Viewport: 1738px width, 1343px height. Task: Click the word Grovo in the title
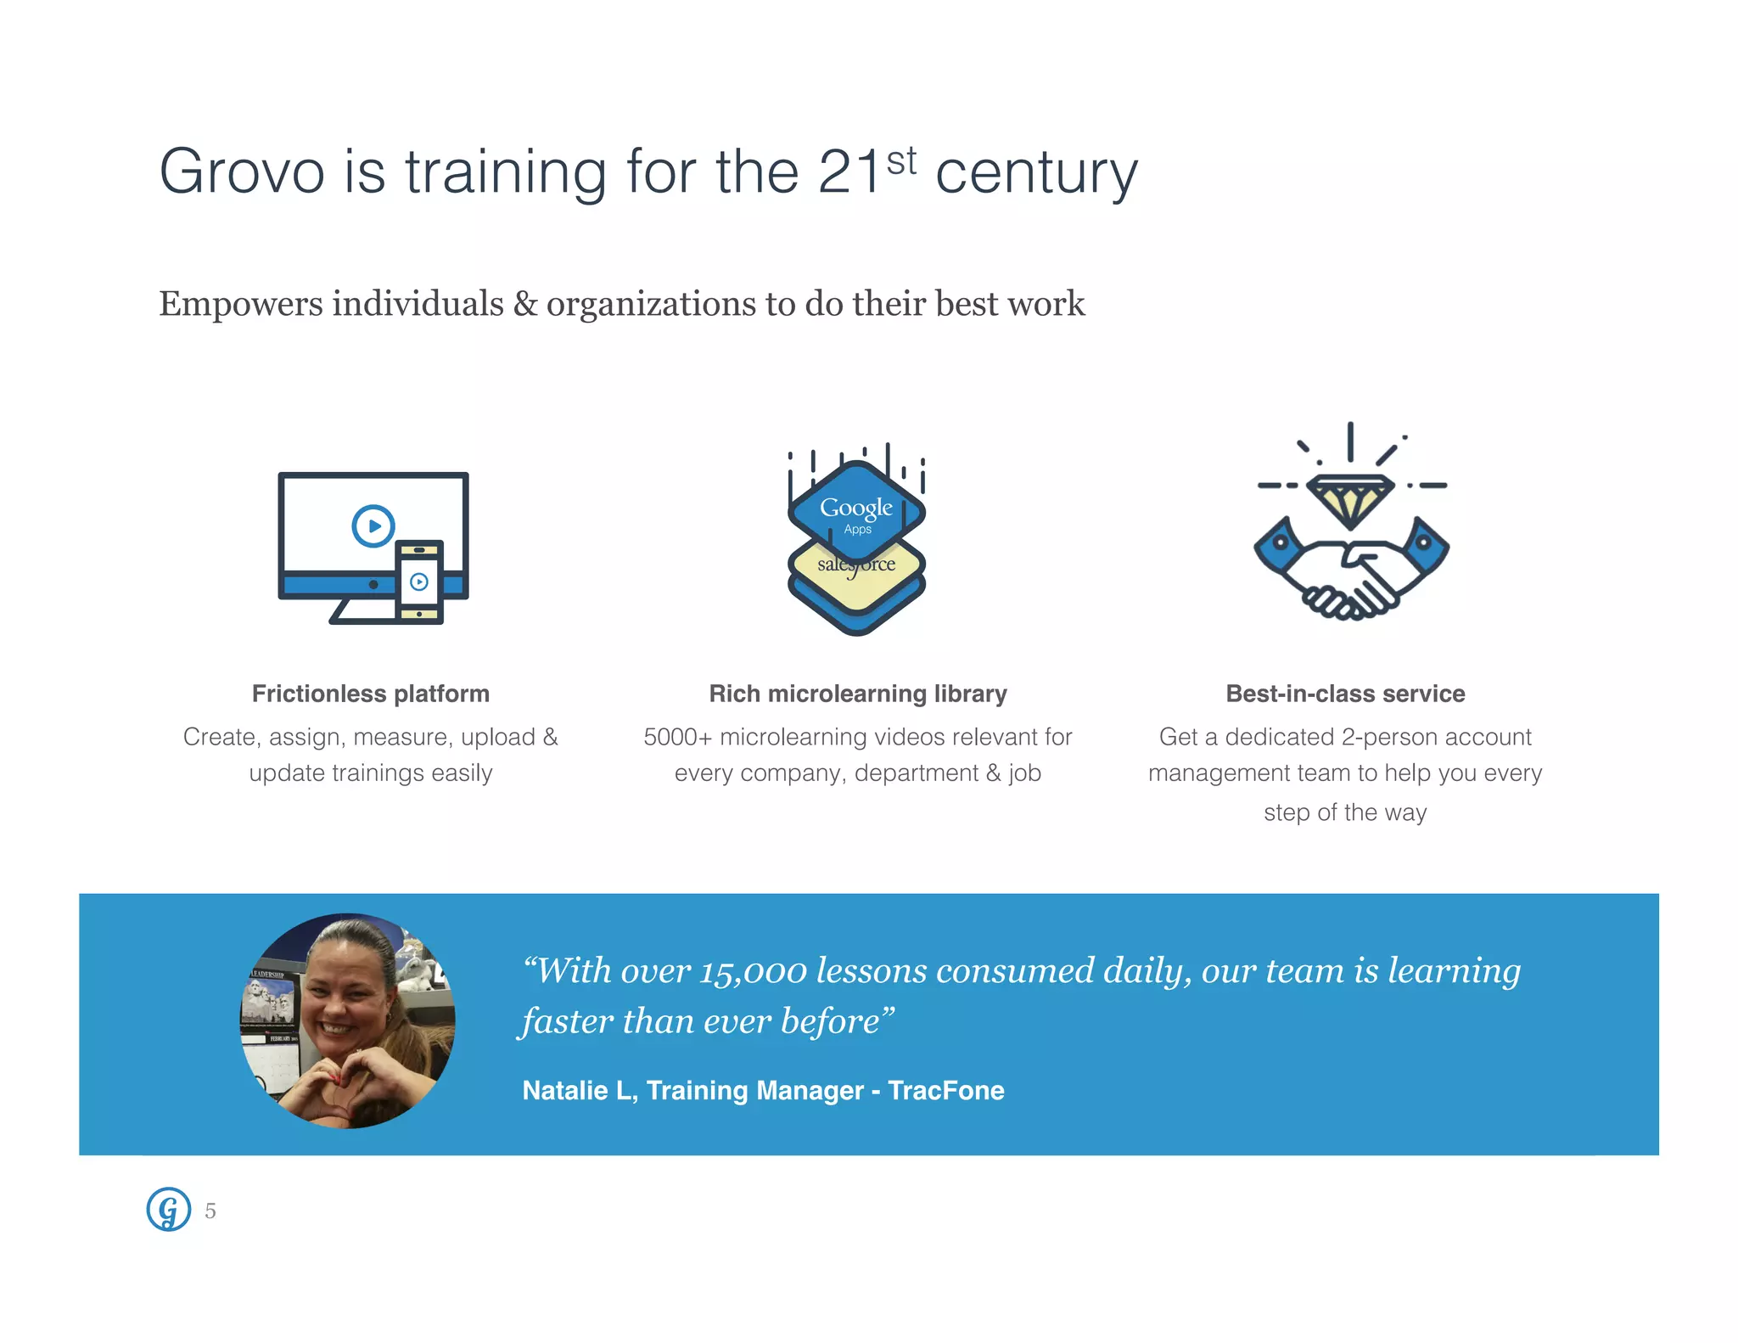pos(242,171)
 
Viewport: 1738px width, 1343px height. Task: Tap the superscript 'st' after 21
pos(901,161)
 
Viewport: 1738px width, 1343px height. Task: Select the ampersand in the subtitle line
pos(525,304)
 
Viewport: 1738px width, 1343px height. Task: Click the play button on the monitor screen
pos(373,525)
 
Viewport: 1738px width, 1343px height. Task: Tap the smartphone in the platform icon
pos(419,582)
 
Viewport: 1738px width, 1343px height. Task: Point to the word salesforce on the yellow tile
pos(856,565)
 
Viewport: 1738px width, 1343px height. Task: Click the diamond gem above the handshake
pos(1349,498)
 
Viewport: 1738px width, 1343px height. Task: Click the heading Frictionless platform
pos(371,694)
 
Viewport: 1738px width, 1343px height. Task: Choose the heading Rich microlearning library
pos(858,694)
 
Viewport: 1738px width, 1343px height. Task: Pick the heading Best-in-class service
pos(1345,694)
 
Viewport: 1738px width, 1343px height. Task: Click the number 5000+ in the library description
pos(676,737)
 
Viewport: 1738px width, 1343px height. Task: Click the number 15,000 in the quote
pos(753,971)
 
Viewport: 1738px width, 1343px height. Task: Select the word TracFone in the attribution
pos(945,1090)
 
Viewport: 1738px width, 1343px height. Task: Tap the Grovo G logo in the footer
pos(168,1209)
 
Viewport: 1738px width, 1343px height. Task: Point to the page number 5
pos(210,1211)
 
